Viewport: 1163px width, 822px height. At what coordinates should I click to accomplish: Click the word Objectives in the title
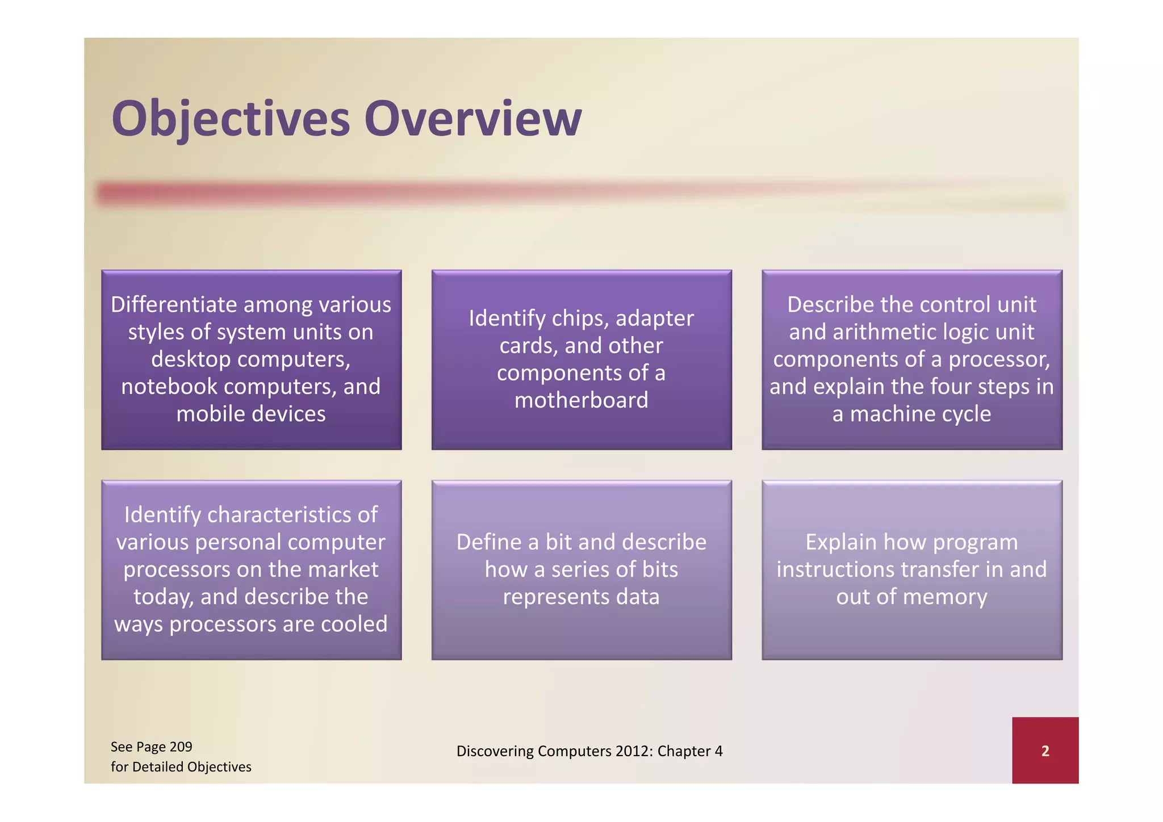click(x=230, y=119)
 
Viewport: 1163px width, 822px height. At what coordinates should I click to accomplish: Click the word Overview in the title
click(x=473, y=119)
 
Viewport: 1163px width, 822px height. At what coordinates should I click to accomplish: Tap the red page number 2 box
click(x=1045, y=750)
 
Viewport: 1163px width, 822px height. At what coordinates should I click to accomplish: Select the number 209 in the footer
click(x=181, y=746)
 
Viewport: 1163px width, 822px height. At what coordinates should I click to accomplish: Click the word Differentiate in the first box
click(x=174, y=305)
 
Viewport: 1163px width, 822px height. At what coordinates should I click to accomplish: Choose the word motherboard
click(x=581, y=400)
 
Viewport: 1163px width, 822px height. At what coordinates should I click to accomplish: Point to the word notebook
click(x=169, y=387)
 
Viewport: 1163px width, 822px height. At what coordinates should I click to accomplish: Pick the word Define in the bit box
click(x=488, y=542)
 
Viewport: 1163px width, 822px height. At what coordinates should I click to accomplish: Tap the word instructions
click(x=835, y=569)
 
